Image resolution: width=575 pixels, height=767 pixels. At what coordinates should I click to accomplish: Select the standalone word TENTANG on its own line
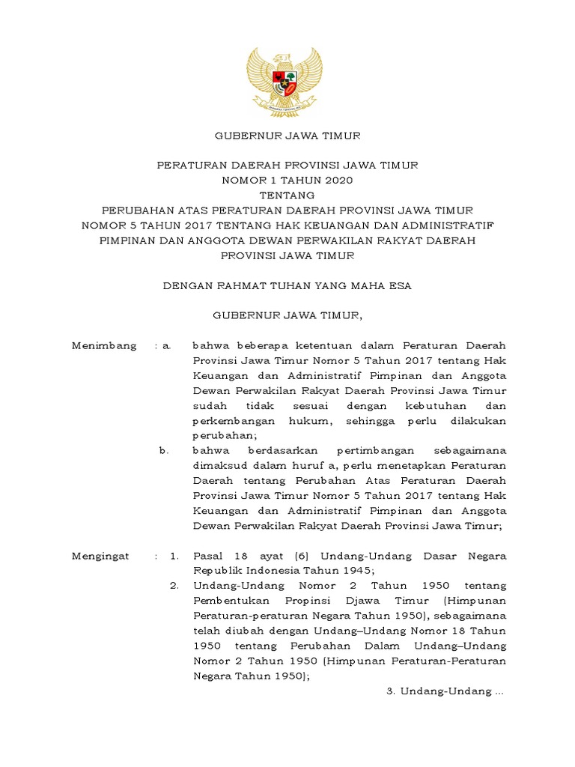(x=287, y=195)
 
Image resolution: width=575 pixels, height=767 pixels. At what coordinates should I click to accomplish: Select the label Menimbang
(x=104, y=345)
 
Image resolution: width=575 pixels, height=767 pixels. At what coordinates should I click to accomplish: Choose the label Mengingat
(x=100, y=556)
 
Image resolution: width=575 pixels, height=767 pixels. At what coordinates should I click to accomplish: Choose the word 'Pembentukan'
(x=228, y=601)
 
